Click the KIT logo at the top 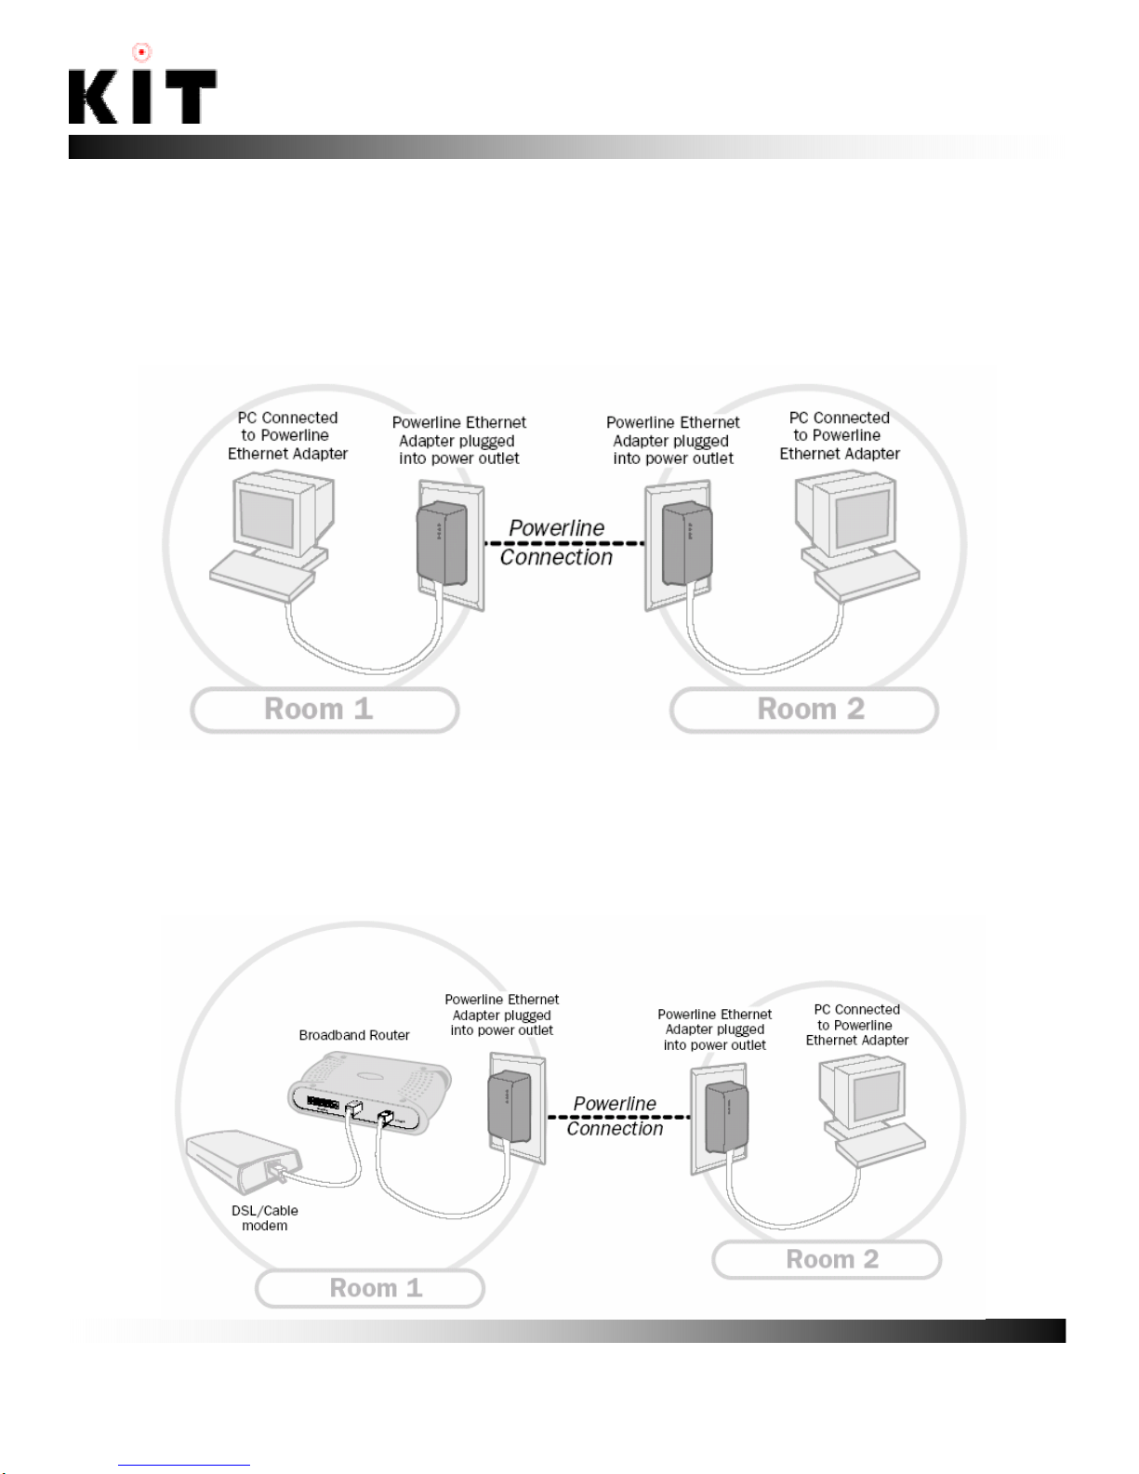pos(142,96)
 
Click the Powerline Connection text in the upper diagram pos(556,542)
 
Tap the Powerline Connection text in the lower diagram pos(615,1116)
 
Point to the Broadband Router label pos(354,1035)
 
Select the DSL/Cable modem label pos(265,1217)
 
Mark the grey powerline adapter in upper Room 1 pos(442,543)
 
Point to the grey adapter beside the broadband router pos(510,1107)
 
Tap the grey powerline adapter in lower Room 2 pos(726,1118)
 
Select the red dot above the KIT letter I pos(141,52)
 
